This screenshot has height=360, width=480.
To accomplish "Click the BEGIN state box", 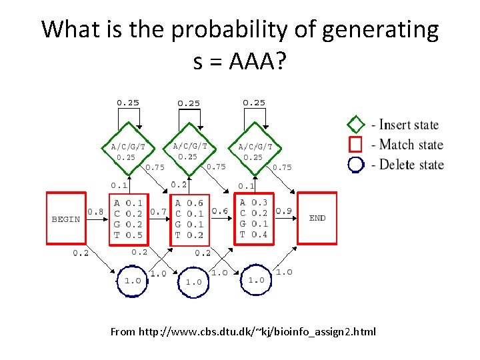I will click(x=66, y=218).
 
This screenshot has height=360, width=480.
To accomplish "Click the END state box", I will click(x=317, y=217).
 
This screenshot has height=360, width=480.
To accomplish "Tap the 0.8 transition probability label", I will click(x=95, y=211).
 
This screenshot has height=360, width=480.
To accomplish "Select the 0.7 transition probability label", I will click(x=159, y=211).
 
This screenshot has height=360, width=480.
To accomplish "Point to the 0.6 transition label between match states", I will click(x=219, y=211).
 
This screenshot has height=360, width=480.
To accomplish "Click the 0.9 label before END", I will click(x=283, y=211).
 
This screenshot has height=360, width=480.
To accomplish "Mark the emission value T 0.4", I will click(x=253, y=234).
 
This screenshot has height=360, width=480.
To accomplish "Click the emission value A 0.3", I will click(x=253, y=203).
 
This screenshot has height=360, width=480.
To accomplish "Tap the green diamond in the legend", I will click(x=356, y=125).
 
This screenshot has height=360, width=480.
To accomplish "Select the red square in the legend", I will click(x=356, y=144).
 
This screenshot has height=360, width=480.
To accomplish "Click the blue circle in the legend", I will click(x=356, y=164).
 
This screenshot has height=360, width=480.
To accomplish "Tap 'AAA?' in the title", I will click(x=257, y=61).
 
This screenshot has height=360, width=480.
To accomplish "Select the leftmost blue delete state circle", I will click(x=133, y=280).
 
